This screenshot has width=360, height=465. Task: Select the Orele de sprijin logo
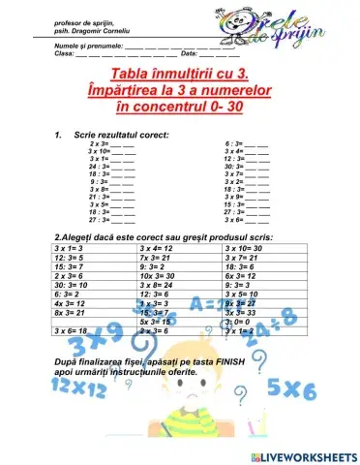point(290,23)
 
